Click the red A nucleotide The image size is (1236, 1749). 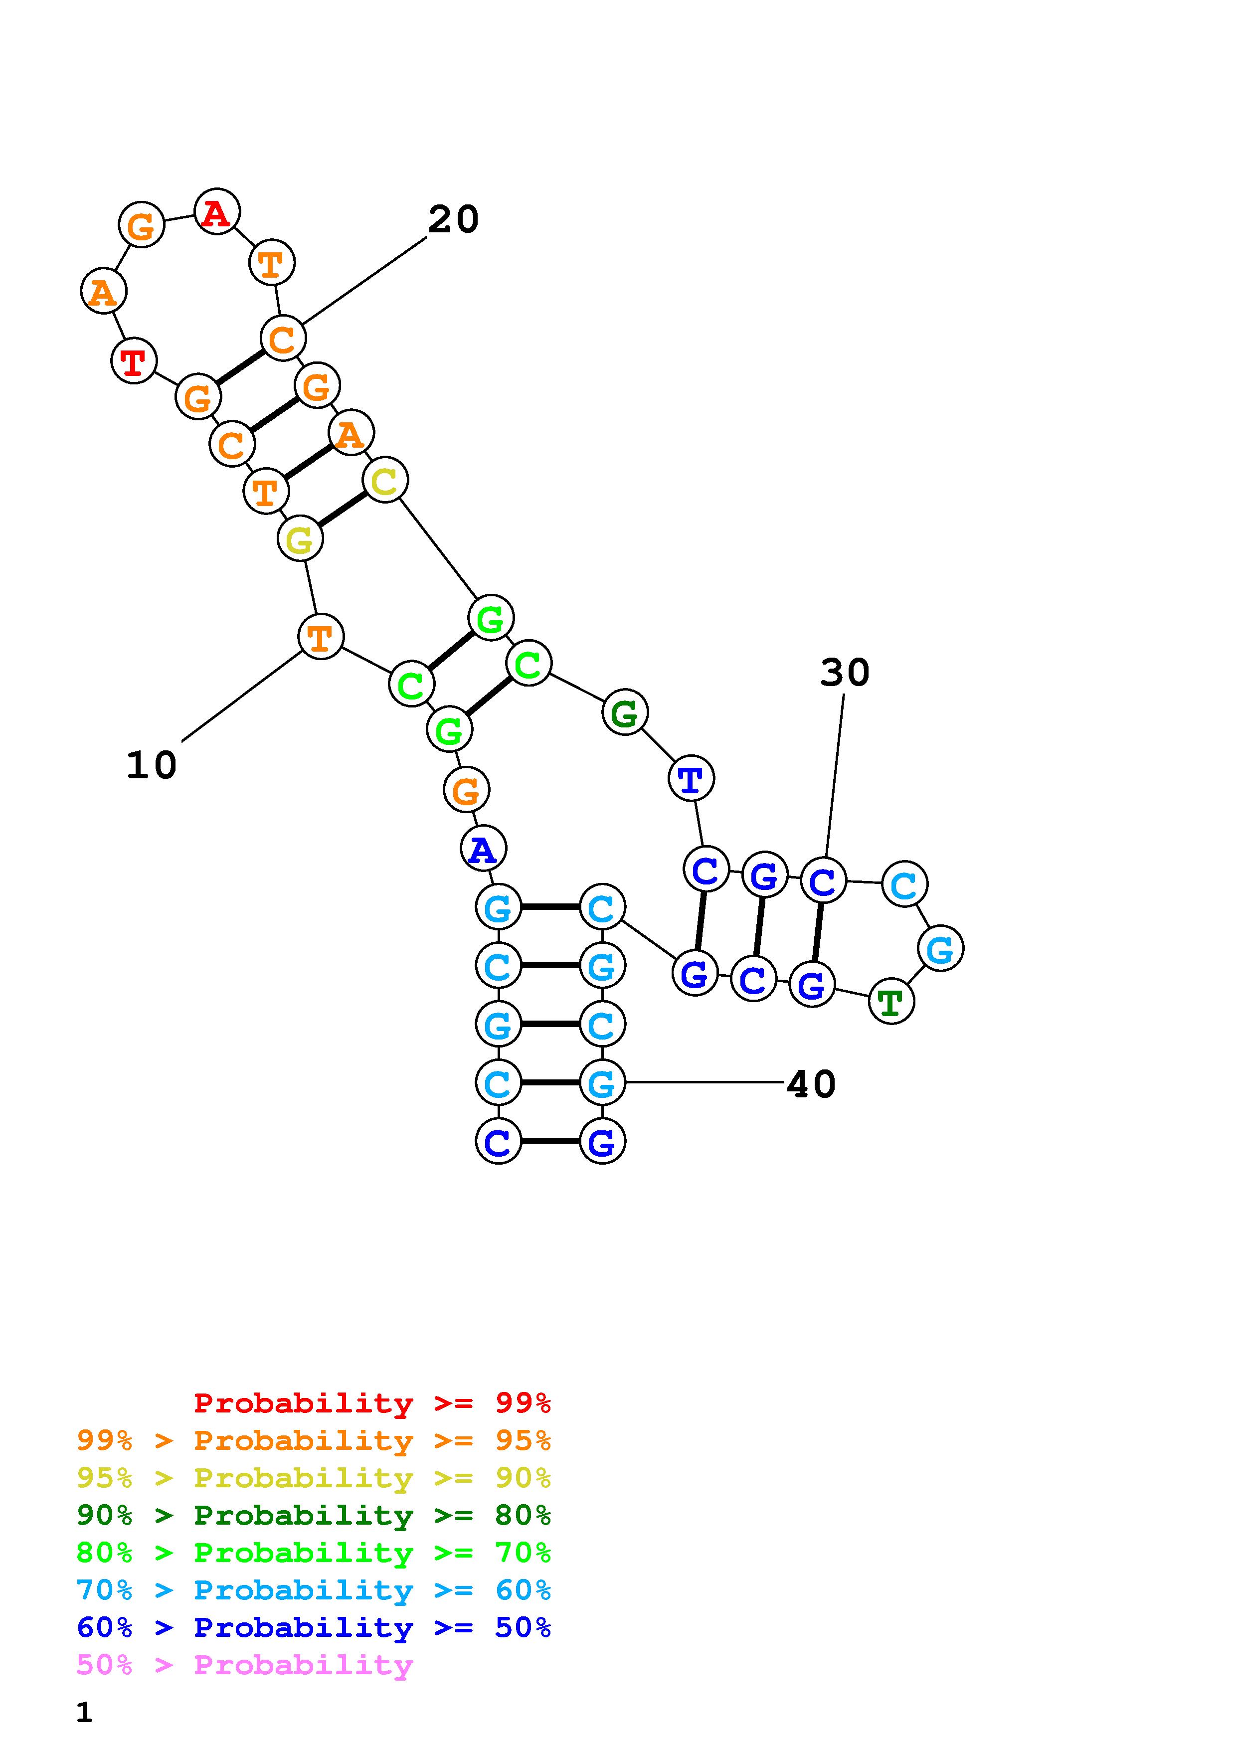(x=217, y=212)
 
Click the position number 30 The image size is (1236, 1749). (x=845, y=673)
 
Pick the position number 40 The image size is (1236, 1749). (x=811, y=1083)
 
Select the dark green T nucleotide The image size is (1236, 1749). (x=890, y=1003)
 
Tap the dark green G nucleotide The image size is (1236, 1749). (x=624, y=713)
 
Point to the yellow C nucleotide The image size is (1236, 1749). (x=384, y=480)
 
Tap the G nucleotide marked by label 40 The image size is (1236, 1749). (x=602, y=1082)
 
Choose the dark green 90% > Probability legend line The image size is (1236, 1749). (x=314, y=1515)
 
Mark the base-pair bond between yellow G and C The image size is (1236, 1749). (x=342, y=510)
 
